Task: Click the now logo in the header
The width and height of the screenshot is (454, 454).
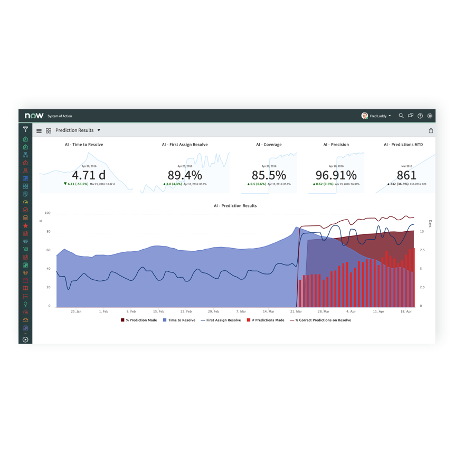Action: [34, 116]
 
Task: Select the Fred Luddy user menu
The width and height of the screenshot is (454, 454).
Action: [376, 116]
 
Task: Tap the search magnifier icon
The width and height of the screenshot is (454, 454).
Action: [401, 116]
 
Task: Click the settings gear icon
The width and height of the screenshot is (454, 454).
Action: [430, 116]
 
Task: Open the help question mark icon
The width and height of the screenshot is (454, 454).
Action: [420, 116]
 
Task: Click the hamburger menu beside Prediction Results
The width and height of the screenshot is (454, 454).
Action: [39, 130]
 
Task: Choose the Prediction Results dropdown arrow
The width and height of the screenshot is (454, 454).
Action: [99, 130]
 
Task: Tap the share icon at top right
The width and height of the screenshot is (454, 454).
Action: [431, 130]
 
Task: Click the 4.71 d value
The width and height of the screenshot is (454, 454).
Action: [88, 175]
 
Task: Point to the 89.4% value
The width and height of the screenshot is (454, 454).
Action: [185, 175]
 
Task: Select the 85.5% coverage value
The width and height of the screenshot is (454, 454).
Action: [269, 175]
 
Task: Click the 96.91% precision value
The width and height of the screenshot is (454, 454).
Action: [336, 175]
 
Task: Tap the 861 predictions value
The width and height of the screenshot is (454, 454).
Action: [406, 175]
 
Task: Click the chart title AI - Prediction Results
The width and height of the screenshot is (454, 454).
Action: [235, 206]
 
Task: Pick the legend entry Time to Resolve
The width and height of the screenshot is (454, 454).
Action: [182, 320]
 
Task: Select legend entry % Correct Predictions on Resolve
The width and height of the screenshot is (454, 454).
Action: [323, 320]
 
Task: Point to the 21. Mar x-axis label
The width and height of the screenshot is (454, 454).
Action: [296, 311]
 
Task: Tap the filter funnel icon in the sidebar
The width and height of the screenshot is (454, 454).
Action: [25, 129]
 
